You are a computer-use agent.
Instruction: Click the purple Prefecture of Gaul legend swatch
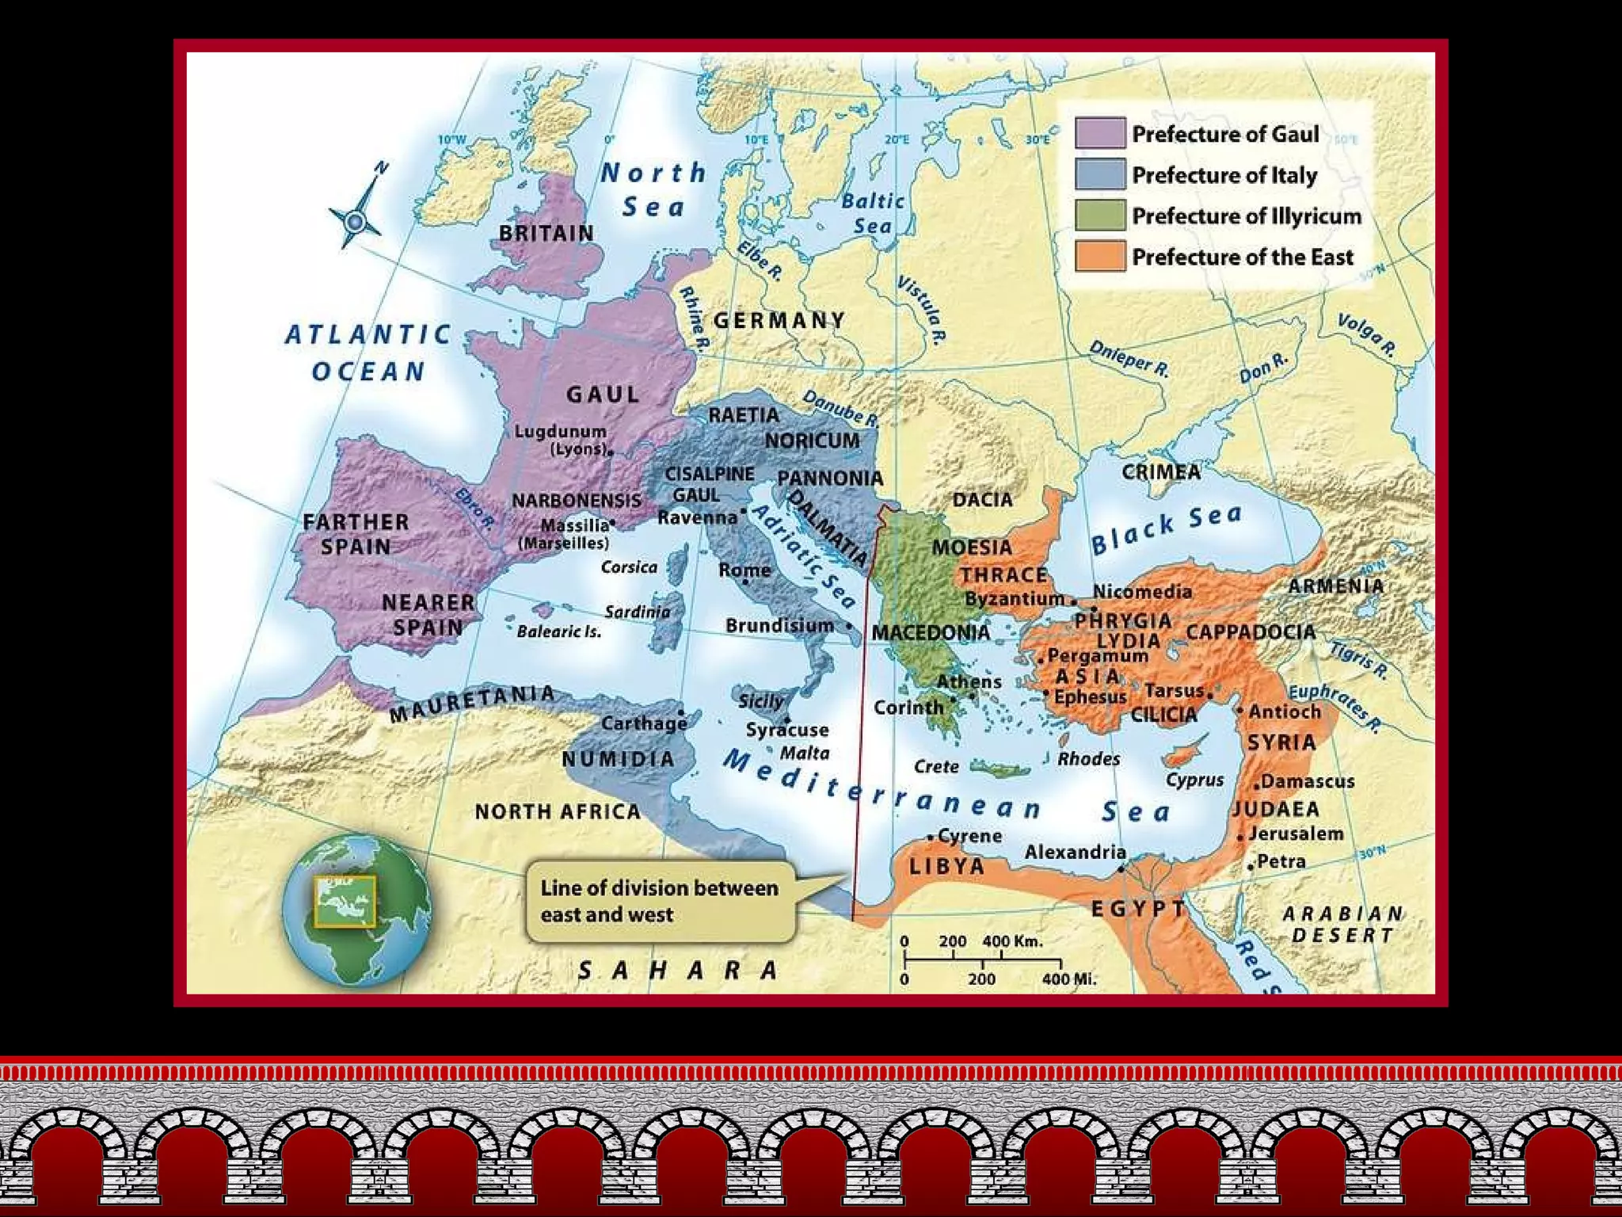tap(1099, 133)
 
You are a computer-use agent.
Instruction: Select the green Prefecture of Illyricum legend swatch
tap(1099, 215)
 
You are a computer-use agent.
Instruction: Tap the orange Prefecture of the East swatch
tap(1099, 256)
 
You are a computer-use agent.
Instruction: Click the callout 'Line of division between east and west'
tap(659, 901)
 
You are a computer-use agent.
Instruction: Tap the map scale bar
tap(982, 959)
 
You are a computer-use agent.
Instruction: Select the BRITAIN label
tap(546, 234)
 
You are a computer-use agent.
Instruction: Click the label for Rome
tap(744, 570)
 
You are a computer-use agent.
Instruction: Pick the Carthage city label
tap(644, 723)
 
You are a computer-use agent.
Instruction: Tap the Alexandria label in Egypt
tap(1075, 852)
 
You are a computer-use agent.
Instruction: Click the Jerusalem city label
tap(1296, 834)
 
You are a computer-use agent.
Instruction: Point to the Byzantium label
tap(1014, 599)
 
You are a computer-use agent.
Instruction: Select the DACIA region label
tap(982, 500)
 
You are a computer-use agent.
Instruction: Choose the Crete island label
tap(936, 766)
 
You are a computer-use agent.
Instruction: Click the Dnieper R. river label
tap(1129, 358)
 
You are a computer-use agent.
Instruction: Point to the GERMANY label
tap(779, 320)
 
